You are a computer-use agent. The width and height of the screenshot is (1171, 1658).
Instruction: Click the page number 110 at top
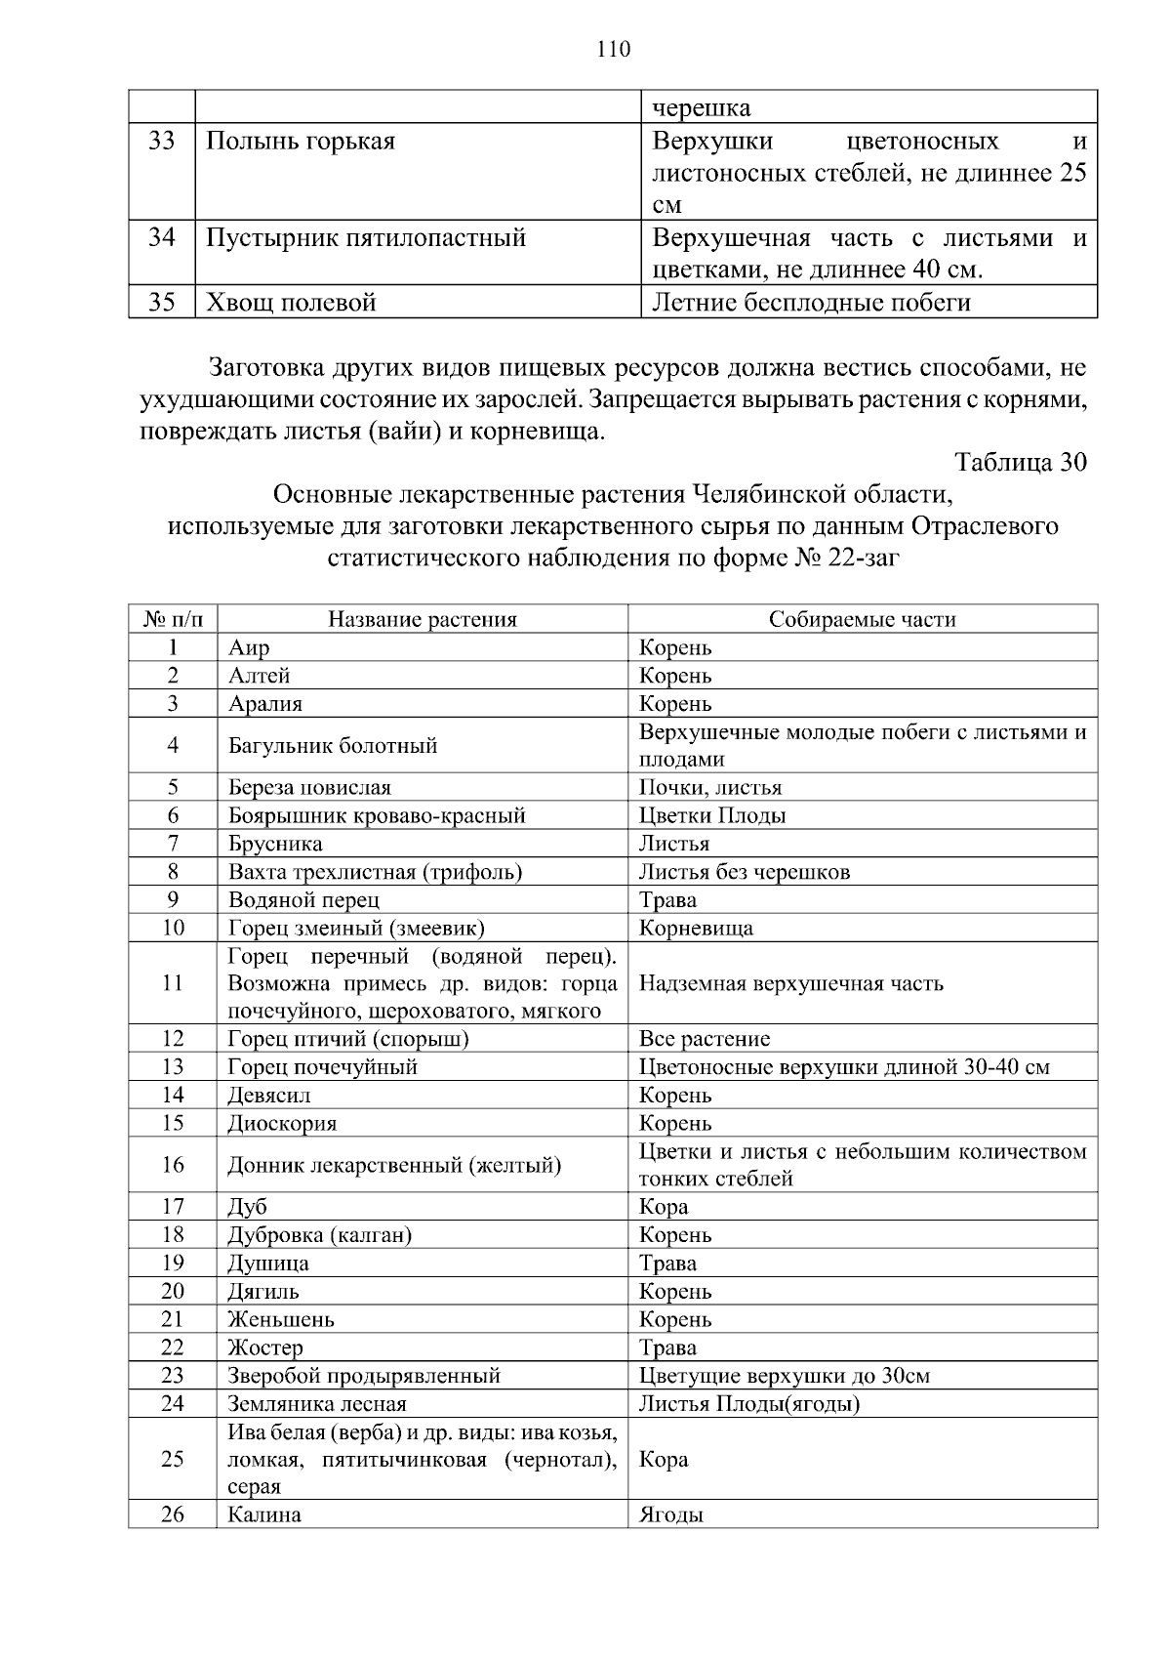point(614,50)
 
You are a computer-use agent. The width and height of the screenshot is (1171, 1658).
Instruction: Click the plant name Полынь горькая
point(301,142)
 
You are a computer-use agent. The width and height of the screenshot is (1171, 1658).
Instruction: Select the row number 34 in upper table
point(162,237)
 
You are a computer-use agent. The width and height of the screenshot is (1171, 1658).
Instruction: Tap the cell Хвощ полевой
point(291,303)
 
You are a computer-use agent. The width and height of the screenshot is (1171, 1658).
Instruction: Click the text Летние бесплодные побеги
point(811,303)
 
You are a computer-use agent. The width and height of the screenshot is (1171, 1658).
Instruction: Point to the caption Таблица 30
point(1020,462)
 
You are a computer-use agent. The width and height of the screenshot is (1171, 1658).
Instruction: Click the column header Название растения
point(422,619)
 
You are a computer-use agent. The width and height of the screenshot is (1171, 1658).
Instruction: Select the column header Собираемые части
point(862,619)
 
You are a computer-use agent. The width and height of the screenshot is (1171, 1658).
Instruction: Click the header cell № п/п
point(173,619)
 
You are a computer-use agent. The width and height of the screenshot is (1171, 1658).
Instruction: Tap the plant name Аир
point(249,647)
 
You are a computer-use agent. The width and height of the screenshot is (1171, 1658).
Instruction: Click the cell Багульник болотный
point(332,746)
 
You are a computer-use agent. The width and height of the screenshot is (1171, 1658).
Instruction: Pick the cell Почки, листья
point(709,787)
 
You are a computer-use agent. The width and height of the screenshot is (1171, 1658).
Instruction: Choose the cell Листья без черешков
point(744,872)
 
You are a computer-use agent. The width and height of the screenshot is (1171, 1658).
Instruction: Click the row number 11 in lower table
point(173,983)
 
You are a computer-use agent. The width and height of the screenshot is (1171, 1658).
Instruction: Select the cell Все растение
point(704,1039)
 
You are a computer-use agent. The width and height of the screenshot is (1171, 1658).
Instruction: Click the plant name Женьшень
point(281,1319)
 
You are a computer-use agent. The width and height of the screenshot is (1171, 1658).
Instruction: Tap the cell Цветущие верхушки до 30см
point(784,1376)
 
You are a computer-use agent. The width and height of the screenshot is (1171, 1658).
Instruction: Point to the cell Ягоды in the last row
point(670,1515)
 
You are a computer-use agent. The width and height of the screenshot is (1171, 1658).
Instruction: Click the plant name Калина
point(264,1515)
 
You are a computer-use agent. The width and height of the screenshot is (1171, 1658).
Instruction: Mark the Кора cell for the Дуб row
point(664,1207)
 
